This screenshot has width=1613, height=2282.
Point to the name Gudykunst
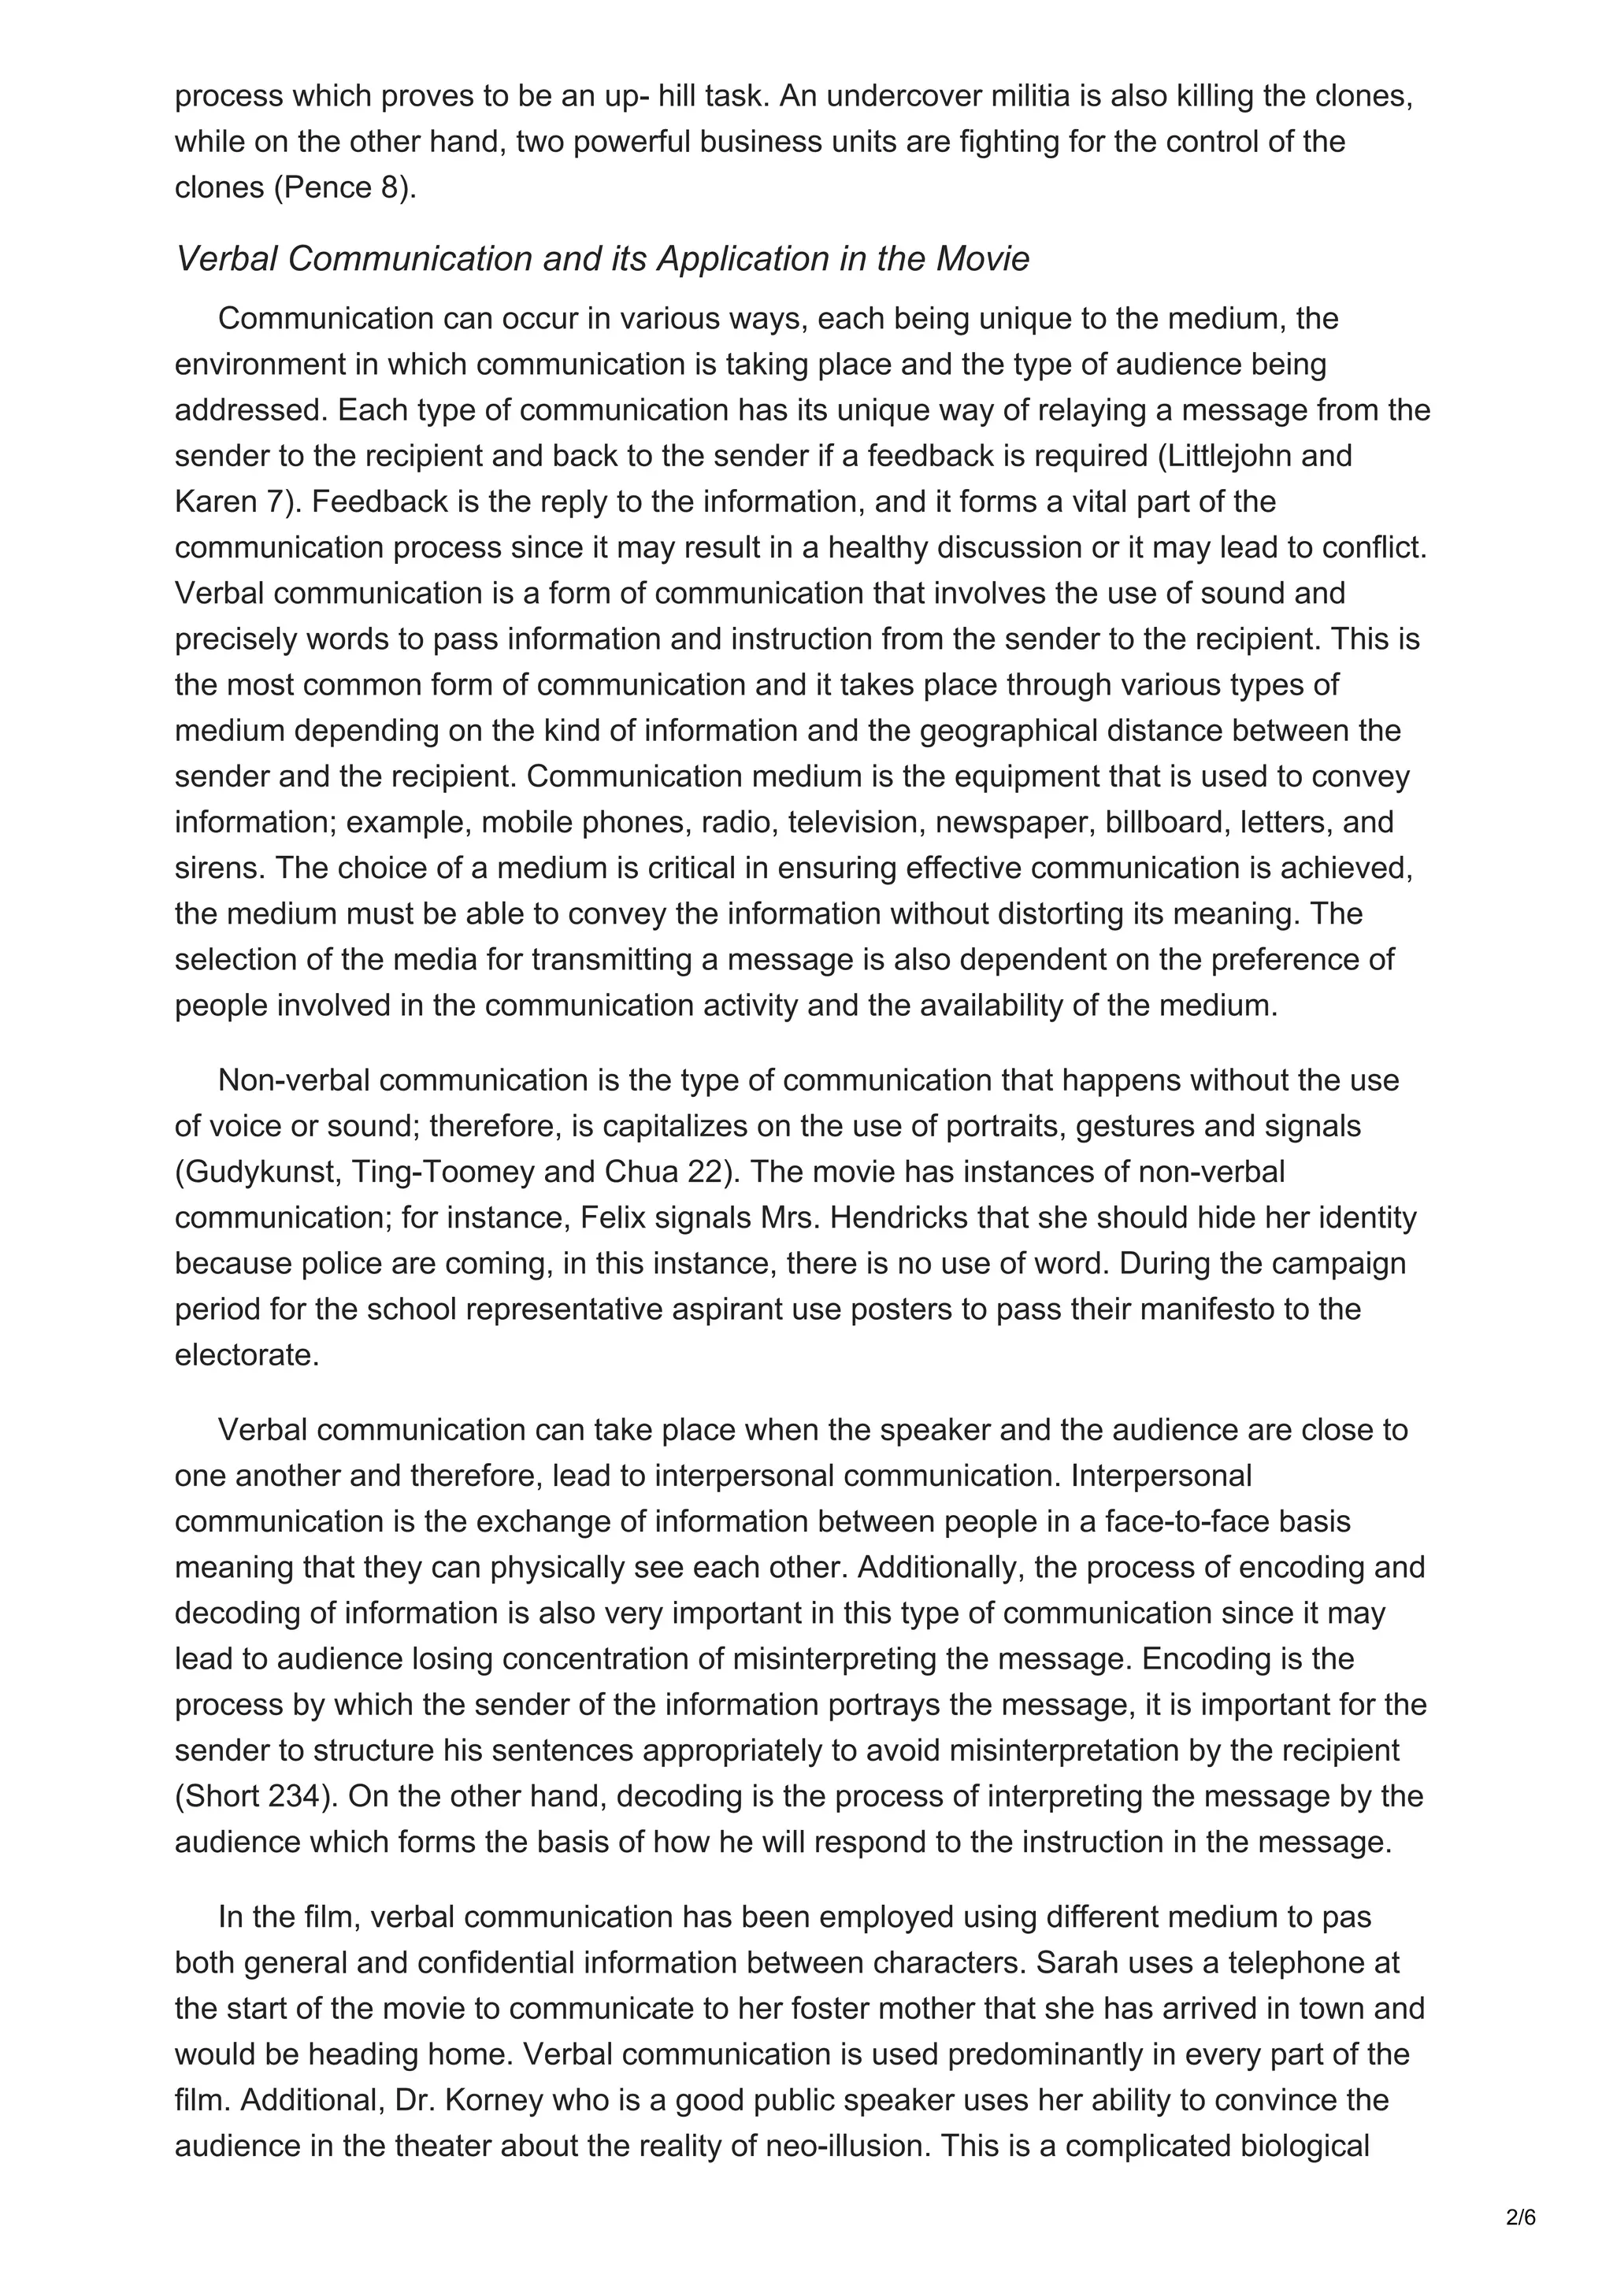click(x=261, y=1172)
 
